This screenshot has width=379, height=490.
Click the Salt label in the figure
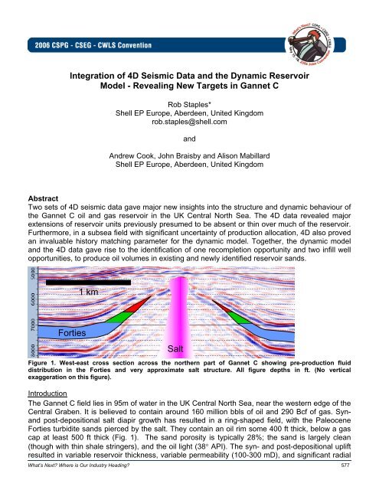177,348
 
